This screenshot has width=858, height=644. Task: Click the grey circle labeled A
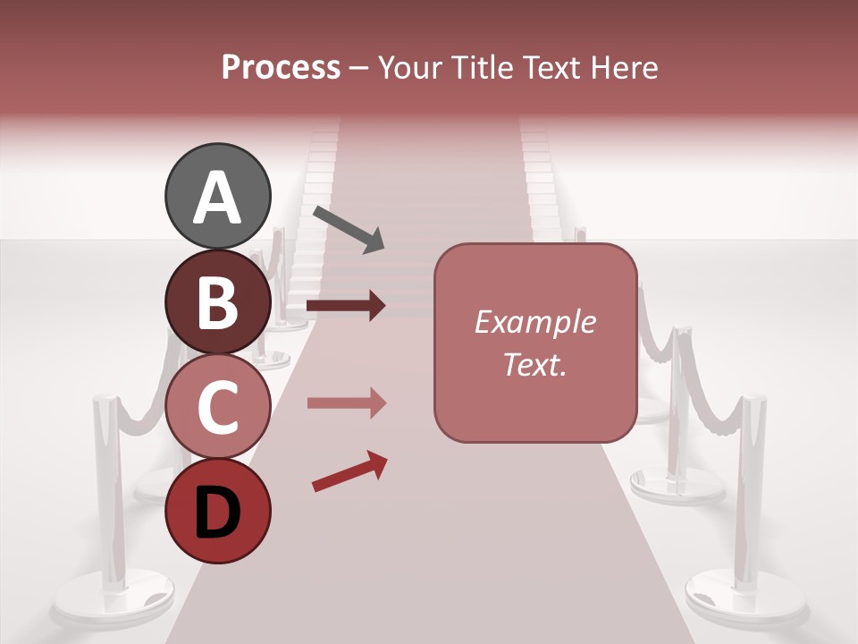[217, 196]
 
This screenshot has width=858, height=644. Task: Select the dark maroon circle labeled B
[217, 301]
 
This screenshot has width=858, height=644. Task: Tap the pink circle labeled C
[217, 406]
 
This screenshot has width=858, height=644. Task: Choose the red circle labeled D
[217, 511]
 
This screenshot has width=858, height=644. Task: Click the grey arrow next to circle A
[349, 229]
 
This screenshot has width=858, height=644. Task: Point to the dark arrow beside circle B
[346, 306]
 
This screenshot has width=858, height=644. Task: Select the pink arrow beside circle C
[346, 402]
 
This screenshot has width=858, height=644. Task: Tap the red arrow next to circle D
[349, 471]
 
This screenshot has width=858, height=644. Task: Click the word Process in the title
[281, 67]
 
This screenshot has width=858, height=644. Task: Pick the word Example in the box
[534, 322]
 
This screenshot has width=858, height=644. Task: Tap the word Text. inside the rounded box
[534, 364]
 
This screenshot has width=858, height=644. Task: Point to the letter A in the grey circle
[217, 198]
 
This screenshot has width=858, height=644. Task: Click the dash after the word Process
[358, 68]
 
